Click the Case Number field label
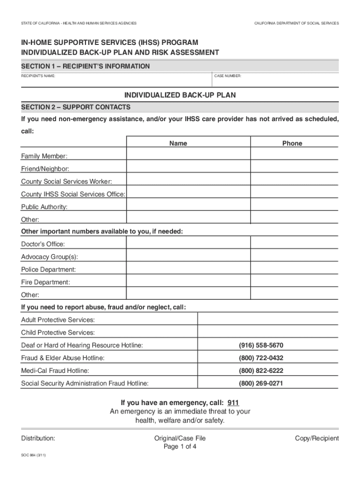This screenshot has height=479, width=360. pos(228,76)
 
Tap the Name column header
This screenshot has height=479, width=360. pos(178,144)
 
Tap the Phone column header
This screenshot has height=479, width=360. pos(292,144)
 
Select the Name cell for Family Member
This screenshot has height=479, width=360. pos(188,154)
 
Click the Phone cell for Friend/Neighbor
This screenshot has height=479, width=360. pos(294,167)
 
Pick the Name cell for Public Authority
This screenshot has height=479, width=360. pos(188,205)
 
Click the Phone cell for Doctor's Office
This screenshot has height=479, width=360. pos(294,242)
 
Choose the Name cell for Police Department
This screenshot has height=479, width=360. pos(188,268)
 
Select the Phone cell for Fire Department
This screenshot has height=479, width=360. pos(294,281)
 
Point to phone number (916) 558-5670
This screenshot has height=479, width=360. pos(261,346)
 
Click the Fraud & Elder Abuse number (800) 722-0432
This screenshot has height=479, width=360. pos(261,358)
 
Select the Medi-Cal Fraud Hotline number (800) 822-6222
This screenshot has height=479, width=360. pos(261,371)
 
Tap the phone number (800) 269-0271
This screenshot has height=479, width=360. pos(261,384)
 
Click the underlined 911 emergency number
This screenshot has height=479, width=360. pos(233,403)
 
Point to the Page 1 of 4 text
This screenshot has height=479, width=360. pos(180,447)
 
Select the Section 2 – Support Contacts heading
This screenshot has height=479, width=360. pos(76,107)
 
